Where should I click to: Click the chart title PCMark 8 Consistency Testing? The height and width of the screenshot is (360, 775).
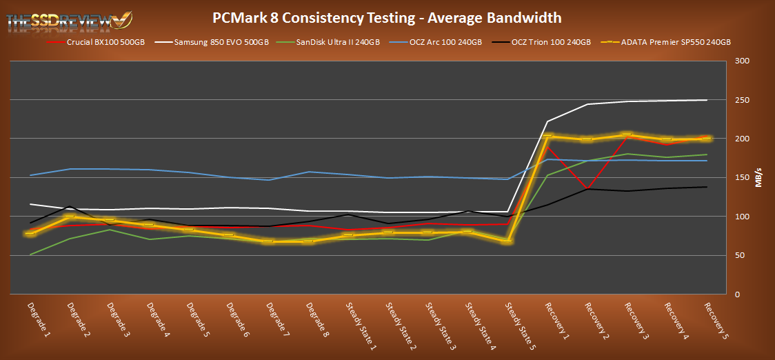387,18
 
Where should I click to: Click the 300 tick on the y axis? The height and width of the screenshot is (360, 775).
738,61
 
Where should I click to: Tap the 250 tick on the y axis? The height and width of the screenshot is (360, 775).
738,100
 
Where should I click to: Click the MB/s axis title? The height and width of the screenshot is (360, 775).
758,178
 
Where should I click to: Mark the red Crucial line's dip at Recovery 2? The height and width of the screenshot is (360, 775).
586,188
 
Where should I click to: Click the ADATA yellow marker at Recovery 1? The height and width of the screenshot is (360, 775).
547,137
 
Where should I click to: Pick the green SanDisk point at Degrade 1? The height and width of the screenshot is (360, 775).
29,254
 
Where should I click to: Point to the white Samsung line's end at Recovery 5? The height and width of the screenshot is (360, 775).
707,100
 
